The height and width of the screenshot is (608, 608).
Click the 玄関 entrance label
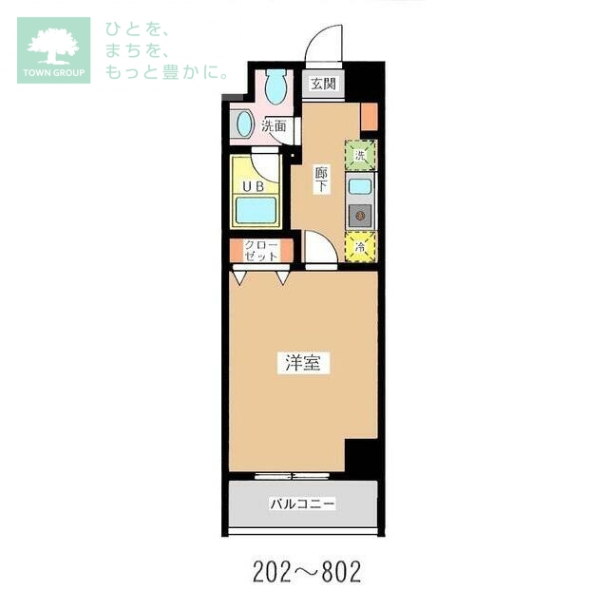[x=323, y=84]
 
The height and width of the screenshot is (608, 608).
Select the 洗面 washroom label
[x=274, y=126]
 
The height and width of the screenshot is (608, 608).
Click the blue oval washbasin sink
[x=244, y=124]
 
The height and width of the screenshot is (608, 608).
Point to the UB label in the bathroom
[x=254, y=187]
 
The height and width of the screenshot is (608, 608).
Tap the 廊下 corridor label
[x=321, y=180]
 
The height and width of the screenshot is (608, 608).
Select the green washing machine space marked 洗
[x=361, y=156]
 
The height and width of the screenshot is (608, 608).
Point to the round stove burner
[x=360, y=215]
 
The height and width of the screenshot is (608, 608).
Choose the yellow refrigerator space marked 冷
[x=360, y=247]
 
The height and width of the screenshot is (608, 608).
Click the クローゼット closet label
[x=261, y=251]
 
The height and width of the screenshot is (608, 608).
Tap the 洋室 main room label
[x=303, y=363]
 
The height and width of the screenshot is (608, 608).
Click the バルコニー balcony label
[x=302, y=504]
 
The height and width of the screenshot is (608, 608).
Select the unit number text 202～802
[x=307, y=572]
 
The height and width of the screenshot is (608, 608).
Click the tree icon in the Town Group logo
[x=53, y=47]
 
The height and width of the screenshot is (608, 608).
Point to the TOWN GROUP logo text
[x=53, y=73]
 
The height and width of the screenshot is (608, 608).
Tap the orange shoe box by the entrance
[x=369, y=117]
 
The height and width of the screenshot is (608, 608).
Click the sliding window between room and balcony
[x=293, y=476]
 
